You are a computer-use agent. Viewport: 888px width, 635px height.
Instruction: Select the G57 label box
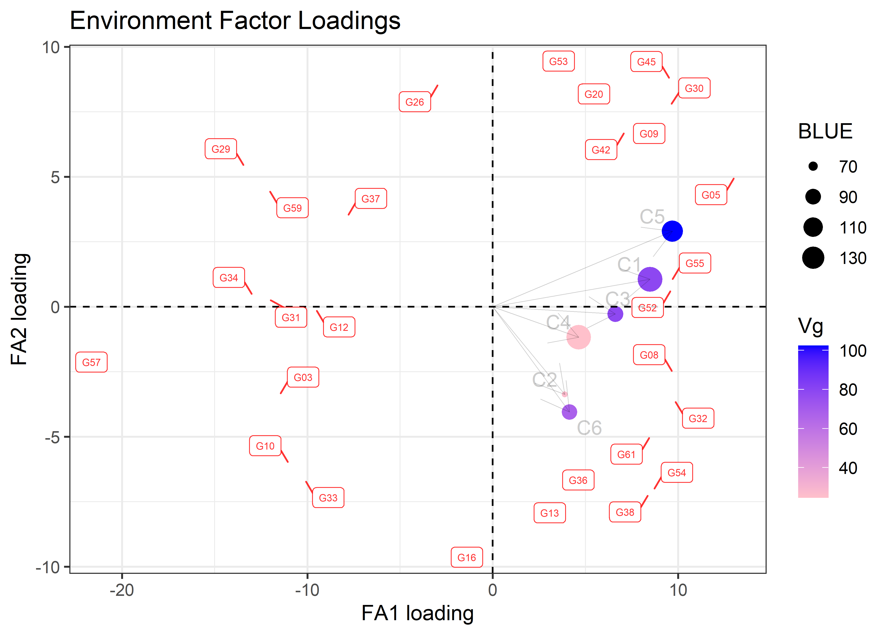91,362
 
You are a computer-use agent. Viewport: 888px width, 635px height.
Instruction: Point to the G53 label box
558,61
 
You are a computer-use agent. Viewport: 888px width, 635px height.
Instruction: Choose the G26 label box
415,102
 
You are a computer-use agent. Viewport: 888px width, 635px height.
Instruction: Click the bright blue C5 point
672,231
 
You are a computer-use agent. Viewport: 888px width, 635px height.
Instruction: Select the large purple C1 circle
650,279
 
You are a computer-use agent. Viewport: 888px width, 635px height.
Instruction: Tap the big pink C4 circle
578,337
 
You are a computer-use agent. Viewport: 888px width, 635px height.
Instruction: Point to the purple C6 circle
569,412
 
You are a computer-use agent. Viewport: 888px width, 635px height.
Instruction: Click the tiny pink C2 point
565,394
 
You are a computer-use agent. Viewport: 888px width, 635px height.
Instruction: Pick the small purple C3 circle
615,314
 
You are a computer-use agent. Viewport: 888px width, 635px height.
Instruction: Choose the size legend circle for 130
813,258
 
